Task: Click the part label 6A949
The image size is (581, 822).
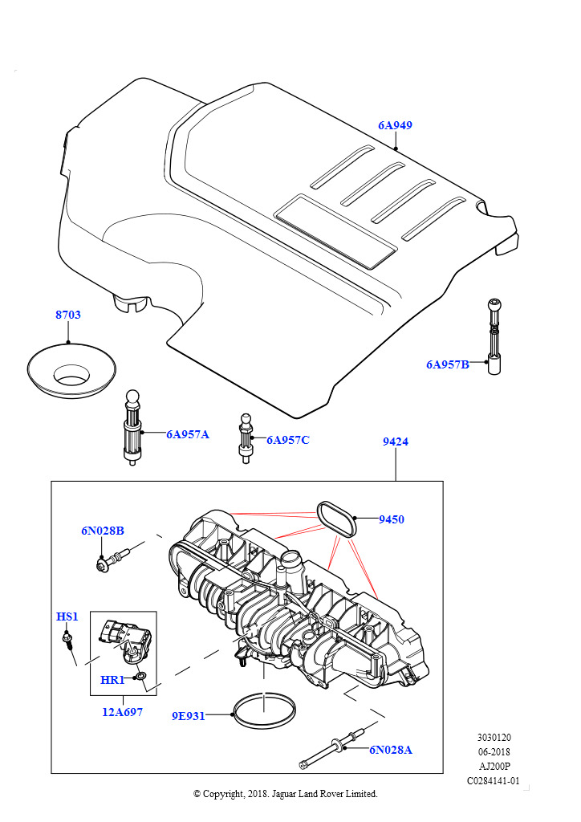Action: click(396, 125)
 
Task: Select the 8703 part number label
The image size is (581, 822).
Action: click(68, 315)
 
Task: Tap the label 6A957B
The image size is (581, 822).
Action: click(448, 364)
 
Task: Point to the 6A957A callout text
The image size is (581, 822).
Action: click(188, 434)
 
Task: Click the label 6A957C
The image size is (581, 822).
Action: click(287, 440)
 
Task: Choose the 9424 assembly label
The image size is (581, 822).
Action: click(395, 442)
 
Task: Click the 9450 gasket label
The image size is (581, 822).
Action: click(392, 519)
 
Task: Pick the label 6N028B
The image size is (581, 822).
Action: click(102, 530)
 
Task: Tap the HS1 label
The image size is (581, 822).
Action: click(67, 616)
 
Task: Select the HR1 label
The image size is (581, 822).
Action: click(112, 680)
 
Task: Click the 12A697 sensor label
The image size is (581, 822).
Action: click(122, 711)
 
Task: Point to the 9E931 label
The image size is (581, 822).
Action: click(189, 716)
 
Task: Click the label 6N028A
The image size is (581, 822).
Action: click(391, 750)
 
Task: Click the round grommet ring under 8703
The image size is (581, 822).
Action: click(70, 371)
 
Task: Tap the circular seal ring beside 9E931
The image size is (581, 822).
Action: click(262, 710)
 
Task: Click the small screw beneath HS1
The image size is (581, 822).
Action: click(70, 641)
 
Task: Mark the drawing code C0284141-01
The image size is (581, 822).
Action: click(494, 780)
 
